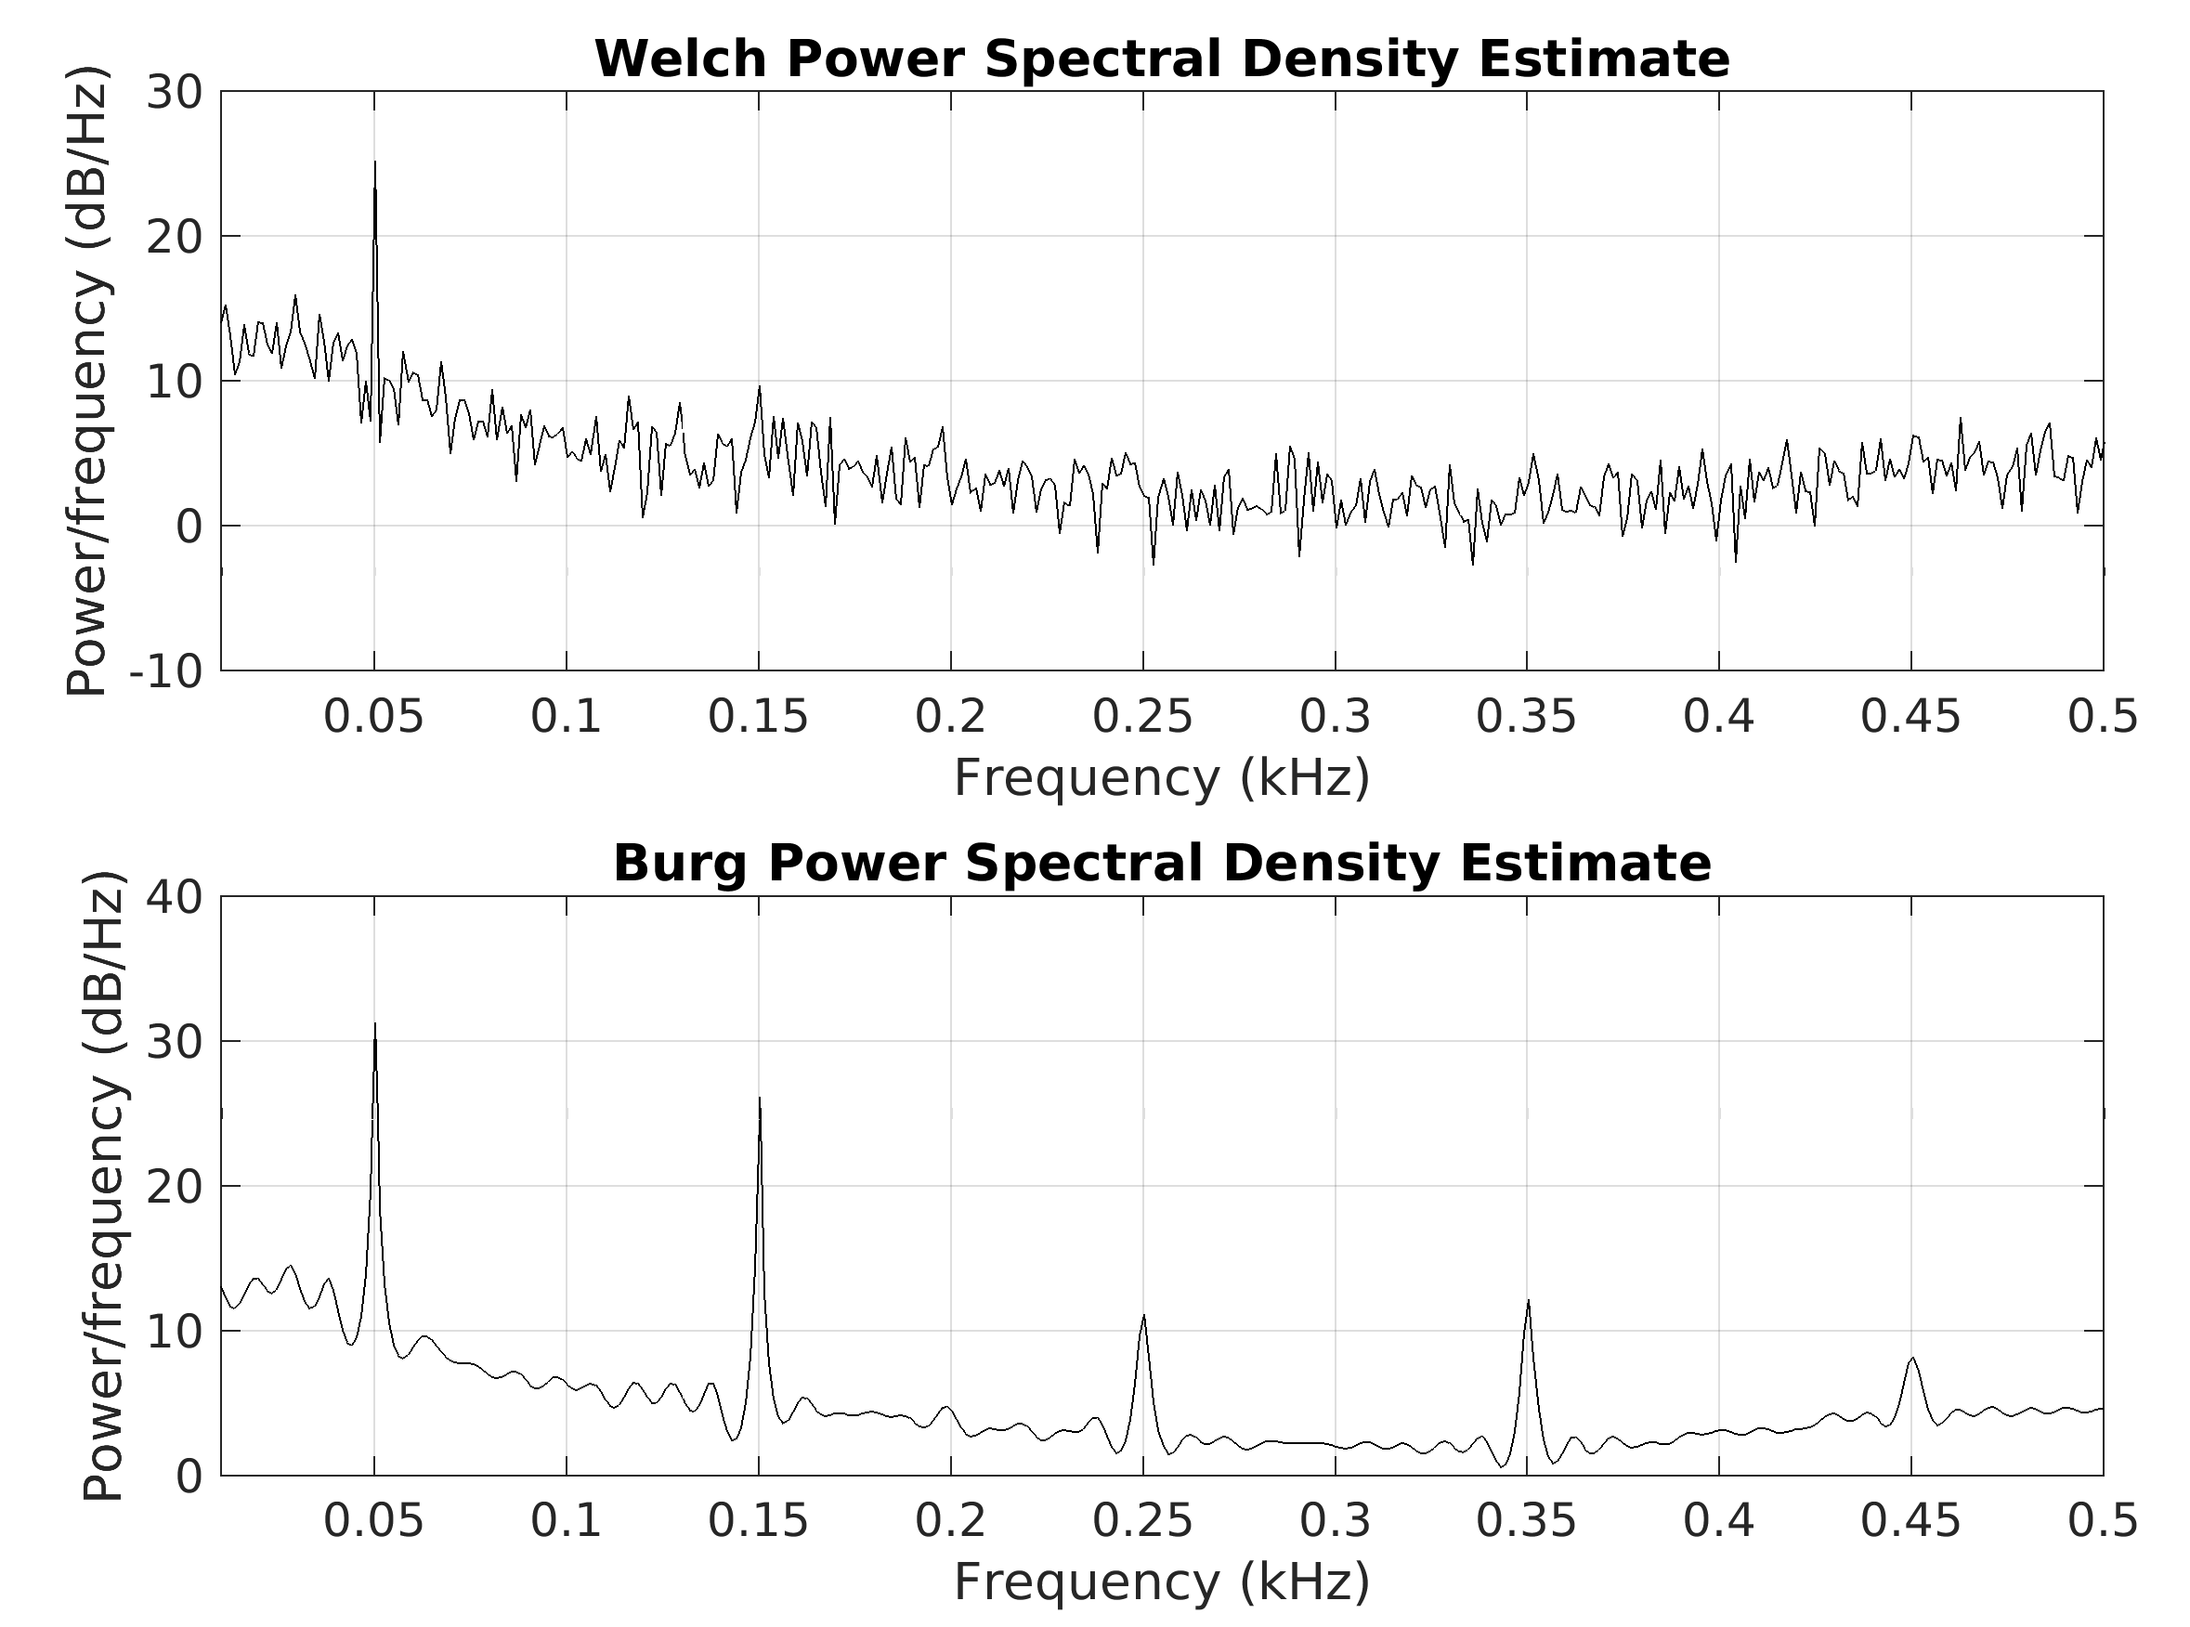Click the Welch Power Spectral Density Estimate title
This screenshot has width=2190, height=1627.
1162,59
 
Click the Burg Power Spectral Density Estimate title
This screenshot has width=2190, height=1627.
1162,864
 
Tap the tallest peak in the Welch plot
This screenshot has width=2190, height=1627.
374,163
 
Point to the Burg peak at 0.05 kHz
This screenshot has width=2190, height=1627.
374,1025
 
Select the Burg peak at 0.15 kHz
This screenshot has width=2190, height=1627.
759,1100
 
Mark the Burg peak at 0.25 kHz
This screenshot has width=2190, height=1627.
1143,1316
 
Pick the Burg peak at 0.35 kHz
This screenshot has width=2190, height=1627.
1527,1302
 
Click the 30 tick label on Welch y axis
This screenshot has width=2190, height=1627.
175,93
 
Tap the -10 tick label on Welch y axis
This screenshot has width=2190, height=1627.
166,671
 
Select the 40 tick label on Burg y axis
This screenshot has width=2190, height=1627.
175,897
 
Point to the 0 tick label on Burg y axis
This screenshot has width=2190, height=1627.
189,1477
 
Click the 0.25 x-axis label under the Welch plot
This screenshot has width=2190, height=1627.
1142,716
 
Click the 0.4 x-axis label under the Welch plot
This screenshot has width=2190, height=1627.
1718,716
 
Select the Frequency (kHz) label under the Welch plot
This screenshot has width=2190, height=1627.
1162,778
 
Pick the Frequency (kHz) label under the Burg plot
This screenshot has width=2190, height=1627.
1162,1582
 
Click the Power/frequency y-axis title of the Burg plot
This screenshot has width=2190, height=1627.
103,1186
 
